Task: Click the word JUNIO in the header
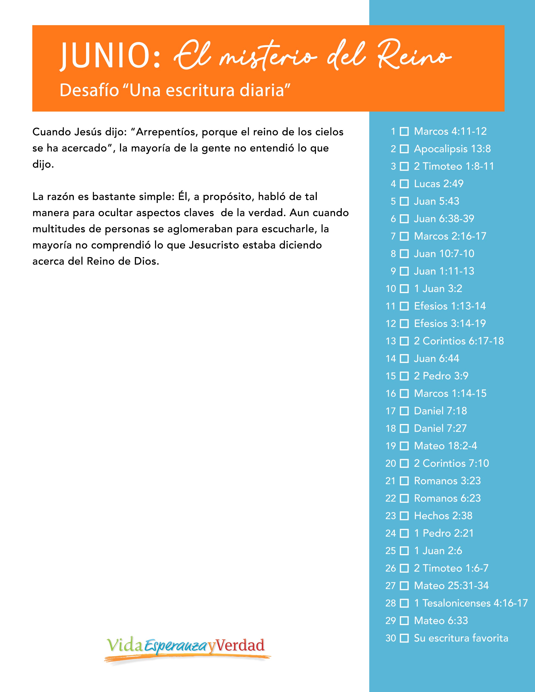(x=109, y=56)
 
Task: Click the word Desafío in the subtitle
(x=89, y=91)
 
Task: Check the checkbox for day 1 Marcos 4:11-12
(x=404, y=131)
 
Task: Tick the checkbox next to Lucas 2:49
(x=404, y=184)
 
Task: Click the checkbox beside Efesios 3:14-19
(x=404, y=324)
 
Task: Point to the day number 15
(x=391, y=376)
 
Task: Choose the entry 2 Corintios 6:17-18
(x=459, y=341)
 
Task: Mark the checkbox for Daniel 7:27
(x=404, y=428)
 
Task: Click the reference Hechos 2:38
(x=443, y=516)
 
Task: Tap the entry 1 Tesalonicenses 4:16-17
(x=471, y=603)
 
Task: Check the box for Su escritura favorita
(x=404, y=638)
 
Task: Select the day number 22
(x=391, y=498)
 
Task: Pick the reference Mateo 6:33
(x=441, y=620)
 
